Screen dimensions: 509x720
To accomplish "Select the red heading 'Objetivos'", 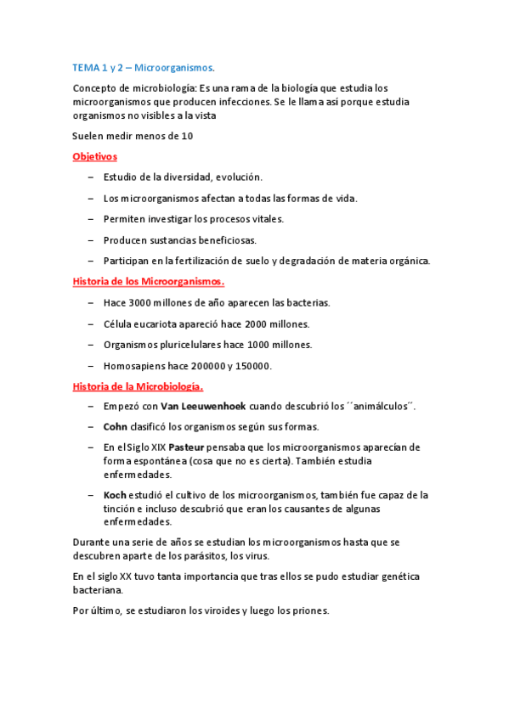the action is (x=95, y=156).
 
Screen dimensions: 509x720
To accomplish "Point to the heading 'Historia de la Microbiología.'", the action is (x=139, y=386).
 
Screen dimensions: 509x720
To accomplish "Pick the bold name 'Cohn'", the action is (x=115, y=426).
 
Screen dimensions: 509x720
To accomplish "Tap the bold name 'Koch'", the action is (x=114, y=495).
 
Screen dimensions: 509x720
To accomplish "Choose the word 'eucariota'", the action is (x=168, y=323).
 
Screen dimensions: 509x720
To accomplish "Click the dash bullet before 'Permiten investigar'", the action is (x=91, y=219).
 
